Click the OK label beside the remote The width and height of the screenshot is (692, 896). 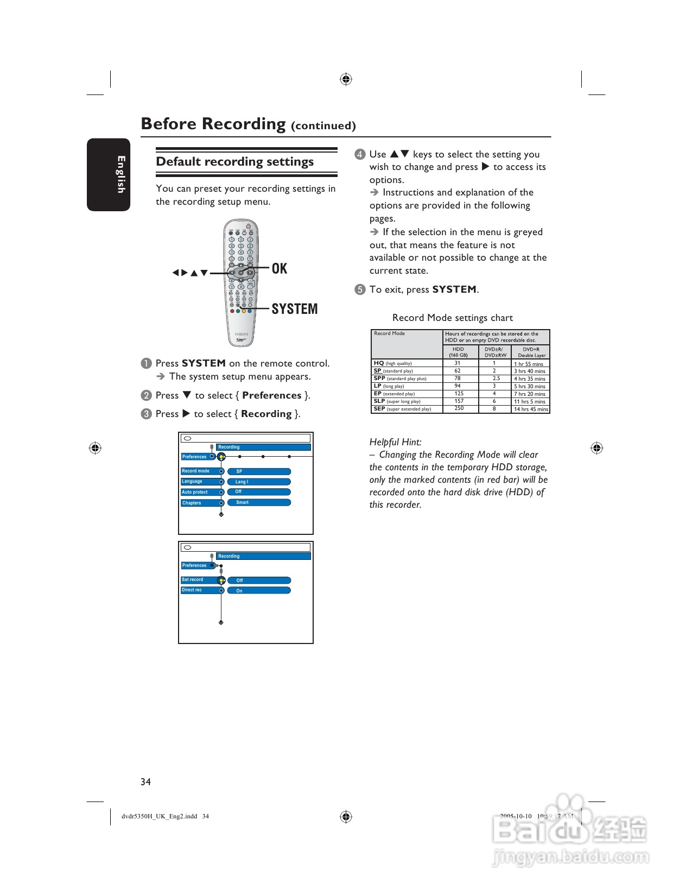tap(279, 268)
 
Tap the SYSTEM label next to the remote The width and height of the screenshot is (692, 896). tap(294, 309)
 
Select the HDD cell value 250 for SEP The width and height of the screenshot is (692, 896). tap(459, 408)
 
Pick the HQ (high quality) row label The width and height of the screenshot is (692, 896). tap(392, 363)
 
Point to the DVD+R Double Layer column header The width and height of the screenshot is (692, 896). tap(531, 352)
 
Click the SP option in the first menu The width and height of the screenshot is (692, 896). tap(259, 471)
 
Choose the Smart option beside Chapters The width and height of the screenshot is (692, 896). tap(259, 502)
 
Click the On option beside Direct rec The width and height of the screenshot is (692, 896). tap(259, 590)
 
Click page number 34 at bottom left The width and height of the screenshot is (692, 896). tap(145, 782)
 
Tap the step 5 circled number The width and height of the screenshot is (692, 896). tap(360, 289)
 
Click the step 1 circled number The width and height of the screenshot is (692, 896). tap(146, 363)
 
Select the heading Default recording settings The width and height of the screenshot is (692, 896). tap(235, 162)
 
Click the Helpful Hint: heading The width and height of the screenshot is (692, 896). tap(395, 442)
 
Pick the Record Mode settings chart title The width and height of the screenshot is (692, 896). tap(452, 318)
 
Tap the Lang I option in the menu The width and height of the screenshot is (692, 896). tap(259, 482)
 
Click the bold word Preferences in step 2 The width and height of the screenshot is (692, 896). tap(271, 395)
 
